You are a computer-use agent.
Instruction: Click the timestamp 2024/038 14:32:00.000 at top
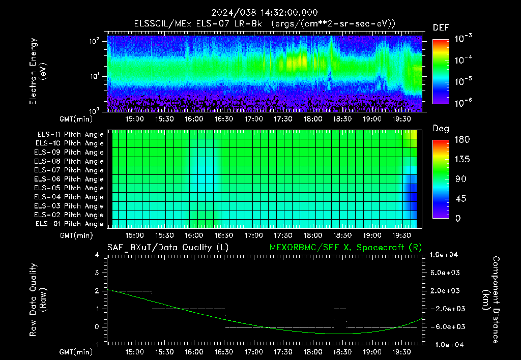[x=265, y=13]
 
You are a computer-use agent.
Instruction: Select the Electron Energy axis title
[x=37, y=71]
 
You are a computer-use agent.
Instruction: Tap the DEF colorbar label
[x=441, y=27]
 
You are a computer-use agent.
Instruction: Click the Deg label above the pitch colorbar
[x=441, y=129]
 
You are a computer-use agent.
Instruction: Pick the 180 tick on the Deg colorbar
[x=462, y=140]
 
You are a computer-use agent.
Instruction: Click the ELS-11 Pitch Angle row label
[x=70, y=135]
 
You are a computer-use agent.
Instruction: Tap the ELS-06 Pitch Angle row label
[x=69, y=179]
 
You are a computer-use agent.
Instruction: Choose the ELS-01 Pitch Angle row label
[x=69, y=224]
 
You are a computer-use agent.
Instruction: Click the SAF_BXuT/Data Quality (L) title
[x=168, y=248]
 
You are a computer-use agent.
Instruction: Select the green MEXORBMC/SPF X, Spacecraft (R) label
[x=345, y=248]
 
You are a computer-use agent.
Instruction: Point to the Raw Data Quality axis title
[x=37, y=300]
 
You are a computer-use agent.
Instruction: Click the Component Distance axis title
[x=491, y=300]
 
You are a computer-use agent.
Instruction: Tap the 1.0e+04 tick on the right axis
[x=444, y=255]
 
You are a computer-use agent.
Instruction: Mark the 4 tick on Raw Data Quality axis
[x=97, y=255]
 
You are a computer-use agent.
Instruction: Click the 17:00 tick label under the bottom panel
[x=253, y=352]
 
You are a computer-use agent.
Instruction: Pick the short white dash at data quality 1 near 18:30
[x=340, y=309]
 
